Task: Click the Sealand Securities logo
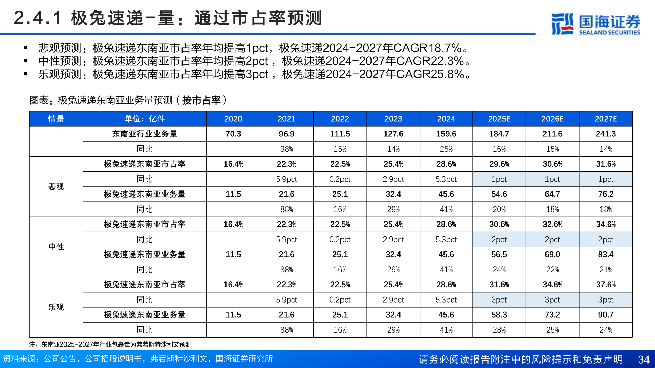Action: click(x=596, y=24)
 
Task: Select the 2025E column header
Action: click(x=499, y=119)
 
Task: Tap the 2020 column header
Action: click(x=233, y=119)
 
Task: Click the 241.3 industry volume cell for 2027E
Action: click(x=606, y=134)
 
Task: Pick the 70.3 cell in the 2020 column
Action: click(x=233, y=134)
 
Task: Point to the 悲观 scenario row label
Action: click(x=56, y=186)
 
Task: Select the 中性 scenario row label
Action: click(x=56, y=247)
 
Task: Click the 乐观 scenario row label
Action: click(x=56, y=307)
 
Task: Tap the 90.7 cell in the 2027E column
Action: click(x=606, y=315)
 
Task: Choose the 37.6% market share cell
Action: click(x=606, y=285)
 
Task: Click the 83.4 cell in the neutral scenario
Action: click(x=606, y=255)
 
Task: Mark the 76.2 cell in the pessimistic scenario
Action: click(x=606, y=194)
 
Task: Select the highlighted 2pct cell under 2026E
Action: click(x=552, y=240)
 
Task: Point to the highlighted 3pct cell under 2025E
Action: click(x=499, y=300)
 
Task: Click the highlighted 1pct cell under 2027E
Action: click(x=606, y=179)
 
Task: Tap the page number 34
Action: click(x=643, y=359)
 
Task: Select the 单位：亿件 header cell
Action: click(x=144, y=119)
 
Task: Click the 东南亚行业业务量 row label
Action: click(x=144, y=134)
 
